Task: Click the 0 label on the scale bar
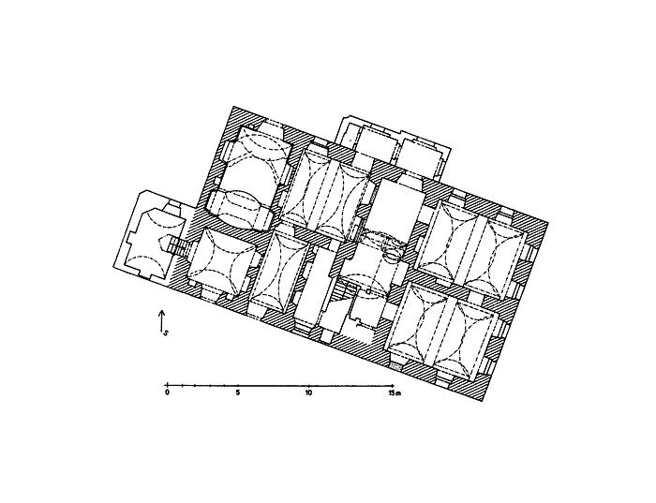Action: tap(168, 392)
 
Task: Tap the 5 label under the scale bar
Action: tap(238, 392)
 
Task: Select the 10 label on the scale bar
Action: tap(308, 392)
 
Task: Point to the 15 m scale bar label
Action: tap(395, 392)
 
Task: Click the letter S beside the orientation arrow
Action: tap(166, 333)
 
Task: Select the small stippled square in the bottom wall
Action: tap(395, 366)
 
